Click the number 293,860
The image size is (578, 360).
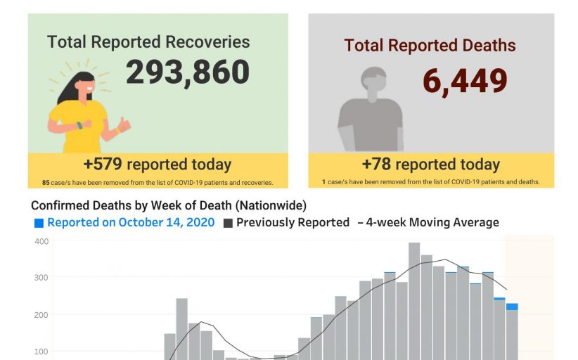click(x=188, y=72)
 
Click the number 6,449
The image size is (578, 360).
click(x=465, y=81)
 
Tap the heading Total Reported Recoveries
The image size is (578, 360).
click(x=148, y=41)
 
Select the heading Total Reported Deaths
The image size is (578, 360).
click(x=430, y=46)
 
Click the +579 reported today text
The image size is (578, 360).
click(x=157, y=165)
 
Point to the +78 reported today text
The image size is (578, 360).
click(x=430, y=165)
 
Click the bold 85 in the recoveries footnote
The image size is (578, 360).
click(x=46, y=183)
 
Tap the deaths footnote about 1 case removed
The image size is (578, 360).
click(x=431, y=182)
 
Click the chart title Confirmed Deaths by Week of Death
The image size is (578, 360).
click(x=169, y=205)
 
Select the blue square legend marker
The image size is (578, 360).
click(x=39, y=223)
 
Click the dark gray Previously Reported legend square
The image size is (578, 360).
click(x=228, y=223)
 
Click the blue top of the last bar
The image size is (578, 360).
click(x=512, y=307)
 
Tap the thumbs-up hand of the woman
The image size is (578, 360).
click(x=124, y=125)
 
